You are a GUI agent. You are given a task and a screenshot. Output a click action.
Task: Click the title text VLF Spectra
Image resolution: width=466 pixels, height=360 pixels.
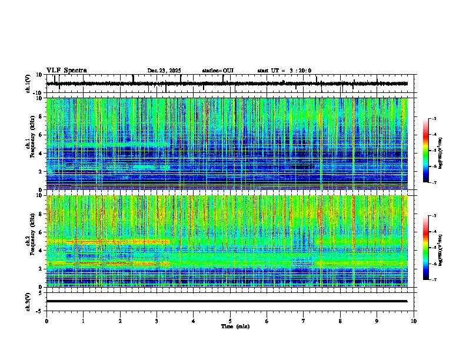(66, 71)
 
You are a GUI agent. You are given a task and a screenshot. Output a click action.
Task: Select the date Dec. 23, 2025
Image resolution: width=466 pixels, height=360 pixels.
(164, 71)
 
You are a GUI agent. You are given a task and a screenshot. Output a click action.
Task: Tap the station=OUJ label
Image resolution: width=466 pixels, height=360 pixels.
(218, 71)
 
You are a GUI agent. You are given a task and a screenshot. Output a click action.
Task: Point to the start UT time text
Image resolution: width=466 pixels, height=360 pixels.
(284, 71)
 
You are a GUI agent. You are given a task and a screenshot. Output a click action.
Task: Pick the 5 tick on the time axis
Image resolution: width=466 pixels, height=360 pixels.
(230, 321)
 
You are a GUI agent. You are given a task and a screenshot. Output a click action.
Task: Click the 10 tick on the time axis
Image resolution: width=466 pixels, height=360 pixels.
(414, 321)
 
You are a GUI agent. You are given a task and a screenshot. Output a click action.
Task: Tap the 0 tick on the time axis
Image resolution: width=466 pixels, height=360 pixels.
(46, 321)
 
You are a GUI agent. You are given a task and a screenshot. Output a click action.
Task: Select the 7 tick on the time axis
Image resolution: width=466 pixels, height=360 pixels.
(304, 321)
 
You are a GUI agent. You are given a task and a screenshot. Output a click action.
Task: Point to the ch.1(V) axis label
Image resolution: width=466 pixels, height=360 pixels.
(28, 84)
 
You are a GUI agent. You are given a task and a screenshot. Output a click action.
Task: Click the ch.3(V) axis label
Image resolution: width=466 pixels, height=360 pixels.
(28, 301)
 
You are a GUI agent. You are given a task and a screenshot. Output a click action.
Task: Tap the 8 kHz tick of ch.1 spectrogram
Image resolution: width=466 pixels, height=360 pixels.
(41, 116)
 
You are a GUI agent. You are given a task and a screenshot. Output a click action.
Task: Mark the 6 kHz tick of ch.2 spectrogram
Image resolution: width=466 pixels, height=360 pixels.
(41, 232)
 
